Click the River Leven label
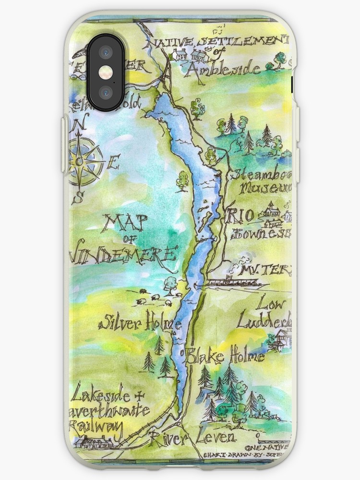click(x=192, y=437)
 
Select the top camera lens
click(x=105, y=51)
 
